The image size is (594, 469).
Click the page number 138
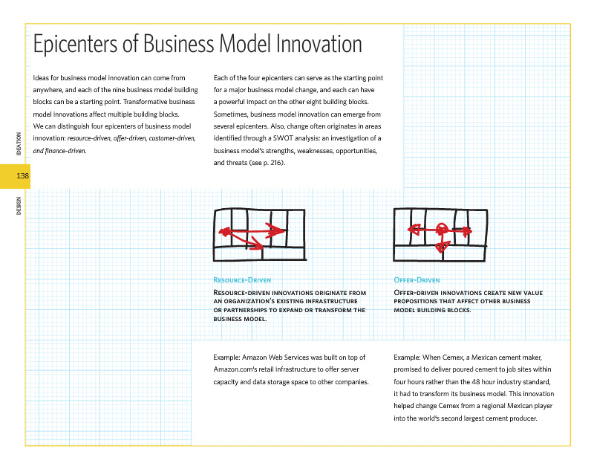(x=22, y=175)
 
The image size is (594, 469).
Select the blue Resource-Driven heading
(x=242, y=280)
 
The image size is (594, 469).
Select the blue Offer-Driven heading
(x=417, y=280)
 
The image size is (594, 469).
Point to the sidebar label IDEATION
(x=18, y=142)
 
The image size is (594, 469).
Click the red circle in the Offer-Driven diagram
(x=441, y=230)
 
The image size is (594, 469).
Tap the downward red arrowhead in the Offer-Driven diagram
(x=442, y=246)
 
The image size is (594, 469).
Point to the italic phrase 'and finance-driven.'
(x=60, y=150)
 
